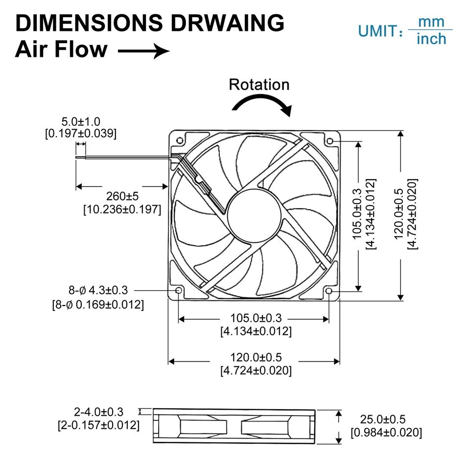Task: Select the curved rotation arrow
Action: point(261,102)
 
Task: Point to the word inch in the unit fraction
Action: point(431,39)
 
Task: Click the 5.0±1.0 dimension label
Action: point(81,121)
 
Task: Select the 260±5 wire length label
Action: point(122,196)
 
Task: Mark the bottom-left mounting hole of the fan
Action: point(179,291)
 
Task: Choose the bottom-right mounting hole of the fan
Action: point(329,292)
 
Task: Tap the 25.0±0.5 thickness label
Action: point(383,420)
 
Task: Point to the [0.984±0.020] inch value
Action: point(386,432)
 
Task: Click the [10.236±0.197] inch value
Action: point(122,210)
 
